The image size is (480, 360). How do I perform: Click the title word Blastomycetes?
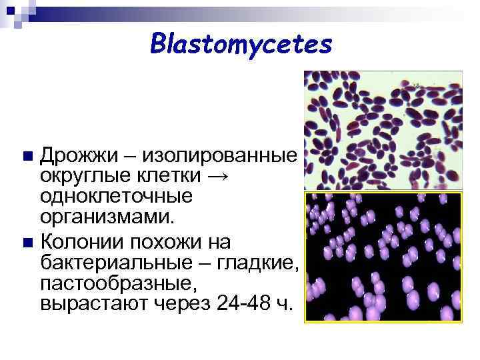point(241,44)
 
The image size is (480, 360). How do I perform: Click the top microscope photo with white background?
point(383,131)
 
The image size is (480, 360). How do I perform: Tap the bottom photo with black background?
point(383,257)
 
